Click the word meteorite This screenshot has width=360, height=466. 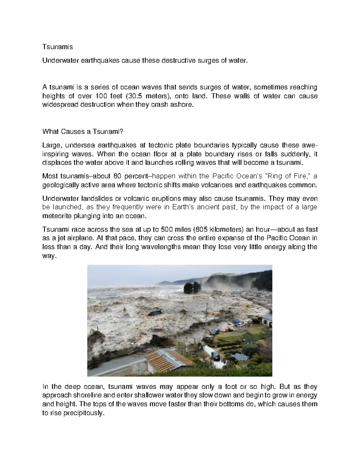tap(57, 216)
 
